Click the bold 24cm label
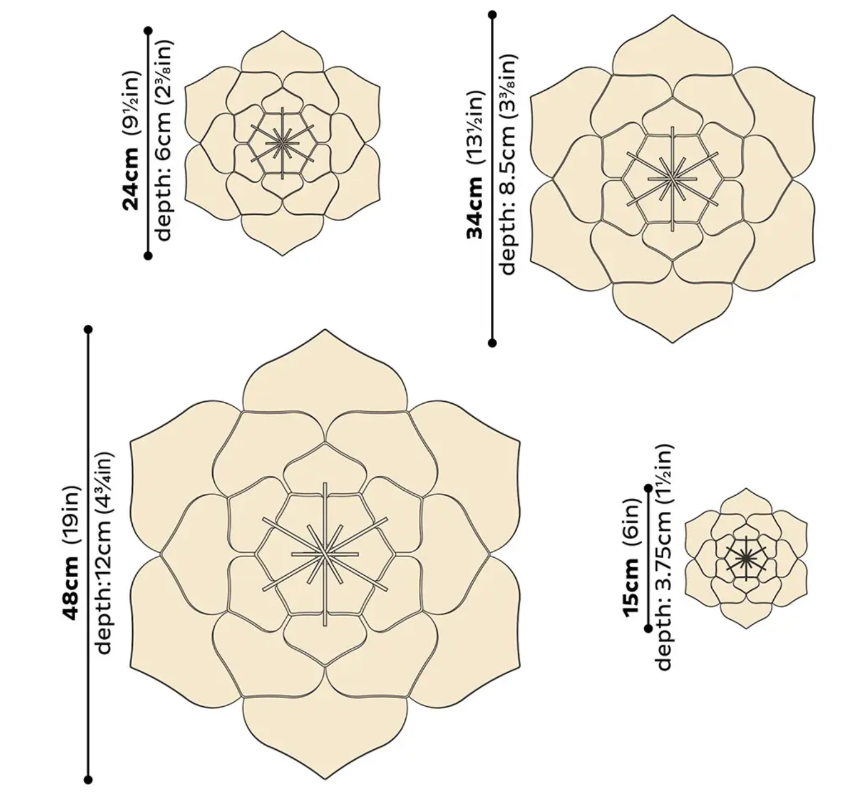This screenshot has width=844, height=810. [131, 179]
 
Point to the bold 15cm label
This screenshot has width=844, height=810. [632, 585]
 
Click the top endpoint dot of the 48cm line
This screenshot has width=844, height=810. [89, 330]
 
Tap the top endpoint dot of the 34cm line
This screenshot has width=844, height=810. [492, 15]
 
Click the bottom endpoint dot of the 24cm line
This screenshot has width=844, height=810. [148, 256]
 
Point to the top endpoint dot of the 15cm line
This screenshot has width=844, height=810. [649, 489]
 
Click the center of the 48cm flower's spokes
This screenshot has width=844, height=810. [325, 554]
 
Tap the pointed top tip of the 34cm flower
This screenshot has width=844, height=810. [673, 15]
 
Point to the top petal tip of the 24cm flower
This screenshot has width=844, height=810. [282, 31]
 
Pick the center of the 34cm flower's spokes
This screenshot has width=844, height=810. [672, 178]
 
